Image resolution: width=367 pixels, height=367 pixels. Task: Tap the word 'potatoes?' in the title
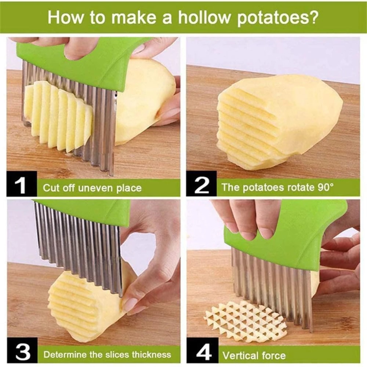277,18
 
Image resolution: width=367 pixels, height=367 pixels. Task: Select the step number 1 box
22,187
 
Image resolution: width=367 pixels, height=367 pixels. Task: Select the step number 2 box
201,187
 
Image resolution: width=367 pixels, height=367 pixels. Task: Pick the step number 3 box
22,354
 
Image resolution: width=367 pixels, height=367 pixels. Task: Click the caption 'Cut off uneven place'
92,188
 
